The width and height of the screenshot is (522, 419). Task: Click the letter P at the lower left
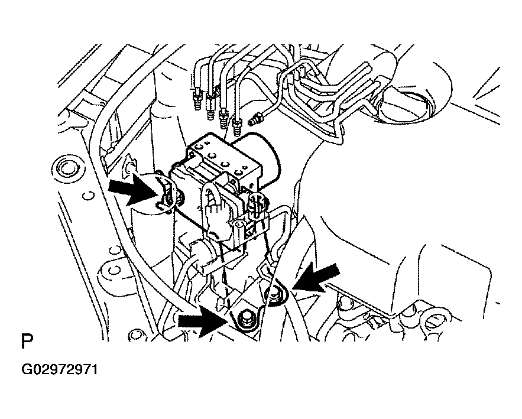coord(27,342)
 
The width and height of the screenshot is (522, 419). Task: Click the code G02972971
coord(60,369)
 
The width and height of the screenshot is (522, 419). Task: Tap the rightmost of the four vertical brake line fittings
coord(237,126)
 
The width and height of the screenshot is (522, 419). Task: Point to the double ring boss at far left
coord(69,167)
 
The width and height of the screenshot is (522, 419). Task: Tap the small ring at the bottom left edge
coord(135,334)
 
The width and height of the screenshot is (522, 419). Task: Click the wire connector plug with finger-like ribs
coord(216,216)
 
